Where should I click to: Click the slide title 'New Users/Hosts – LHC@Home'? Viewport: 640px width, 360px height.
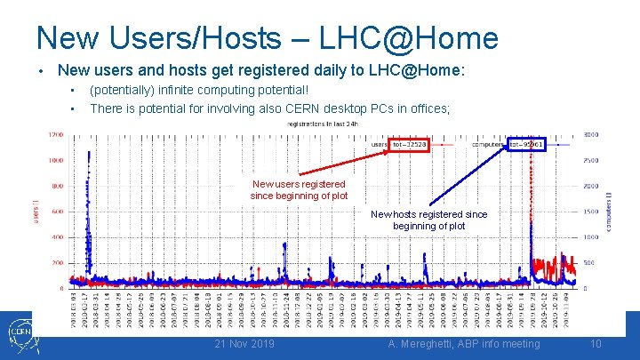click(267, 37)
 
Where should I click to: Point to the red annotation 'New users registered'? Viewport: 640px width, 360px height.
click(298, 184)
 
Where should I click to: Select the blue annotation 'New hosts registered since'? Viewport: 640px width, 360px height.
click(428, 214)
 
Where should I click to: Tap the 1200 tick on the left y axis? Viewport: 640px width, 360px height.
click(55, 135)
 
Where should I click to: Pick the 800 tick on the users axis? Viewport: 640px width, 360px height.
click(57, 187)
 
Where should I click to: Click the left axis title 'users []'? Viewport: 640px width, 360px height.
click(36, 212)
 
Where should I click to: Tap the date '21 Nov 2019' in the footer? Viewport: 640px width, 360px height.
click(244, 344)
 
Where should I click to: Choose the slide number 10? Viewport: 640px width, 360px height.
click(595, 344)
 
